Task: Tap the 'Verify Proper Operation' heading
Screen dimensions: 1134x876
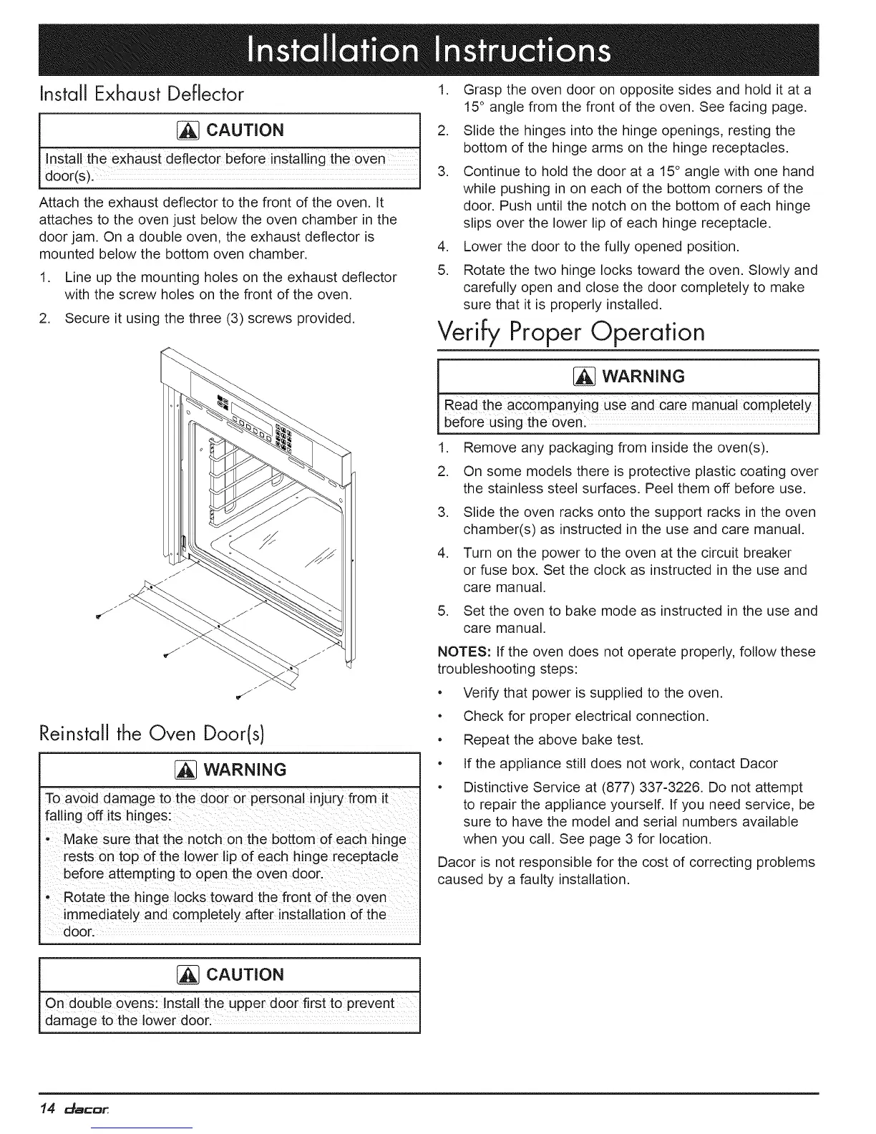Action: coord(570,331)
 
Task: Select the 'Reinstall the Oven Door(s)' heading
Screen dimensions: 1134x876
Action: coord(153,733)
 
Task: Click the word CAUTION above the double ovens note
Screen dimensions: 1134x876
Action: coord(245,975)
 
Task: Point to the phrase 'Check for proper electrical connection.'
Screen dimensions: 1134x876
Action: coord(586,716)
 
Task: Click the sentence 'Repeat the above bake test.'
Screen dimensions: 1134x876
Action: coord(553,740)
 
